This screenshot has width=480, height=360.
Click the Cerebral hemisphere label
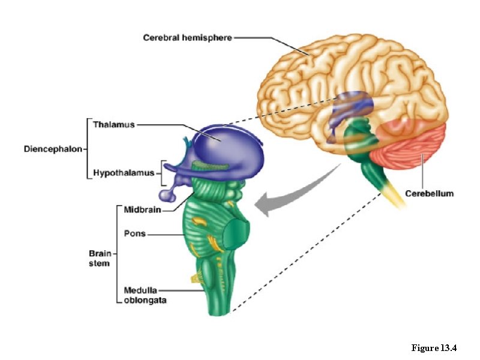point(187,38)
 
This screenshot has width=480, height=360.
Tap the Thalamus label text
point(113,125)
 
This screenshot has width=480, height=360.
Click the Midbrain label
point(142,209)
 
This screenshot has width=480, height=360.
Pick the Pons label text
point(134,233)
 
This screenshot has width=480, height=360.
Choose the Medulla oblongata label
point(145,295)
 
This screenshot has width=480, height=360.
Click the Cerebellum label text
point(429,193)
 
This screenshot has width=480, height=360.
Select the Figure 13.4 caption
point(434,348)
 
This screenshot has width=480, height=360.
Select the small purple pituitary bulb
point(166,195)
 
